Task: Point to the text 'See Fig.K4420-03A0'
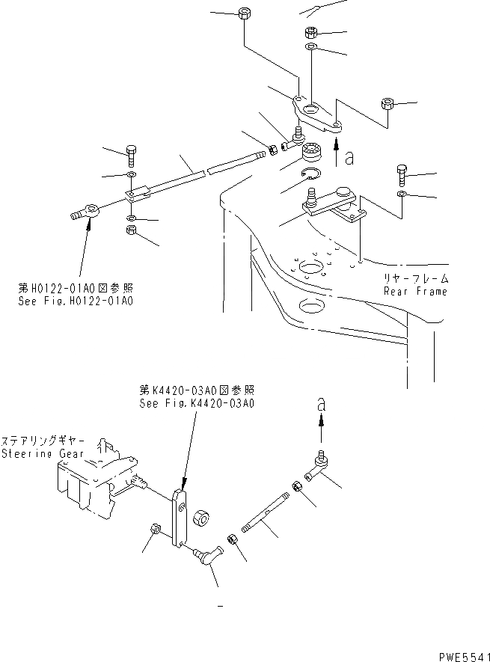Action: tap(197, 402)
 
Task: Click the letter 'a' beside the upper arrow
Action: tap(349, 157)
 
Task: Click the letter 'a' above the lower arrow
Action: tap(322, 403)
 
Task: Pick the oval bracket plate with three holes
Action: tap(317, 113)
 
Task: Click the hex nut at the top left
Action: tap(244, 14)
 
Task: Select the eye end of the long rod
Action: tap(88, 209)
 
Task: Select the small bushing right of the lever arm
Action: tap(200, 518)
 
